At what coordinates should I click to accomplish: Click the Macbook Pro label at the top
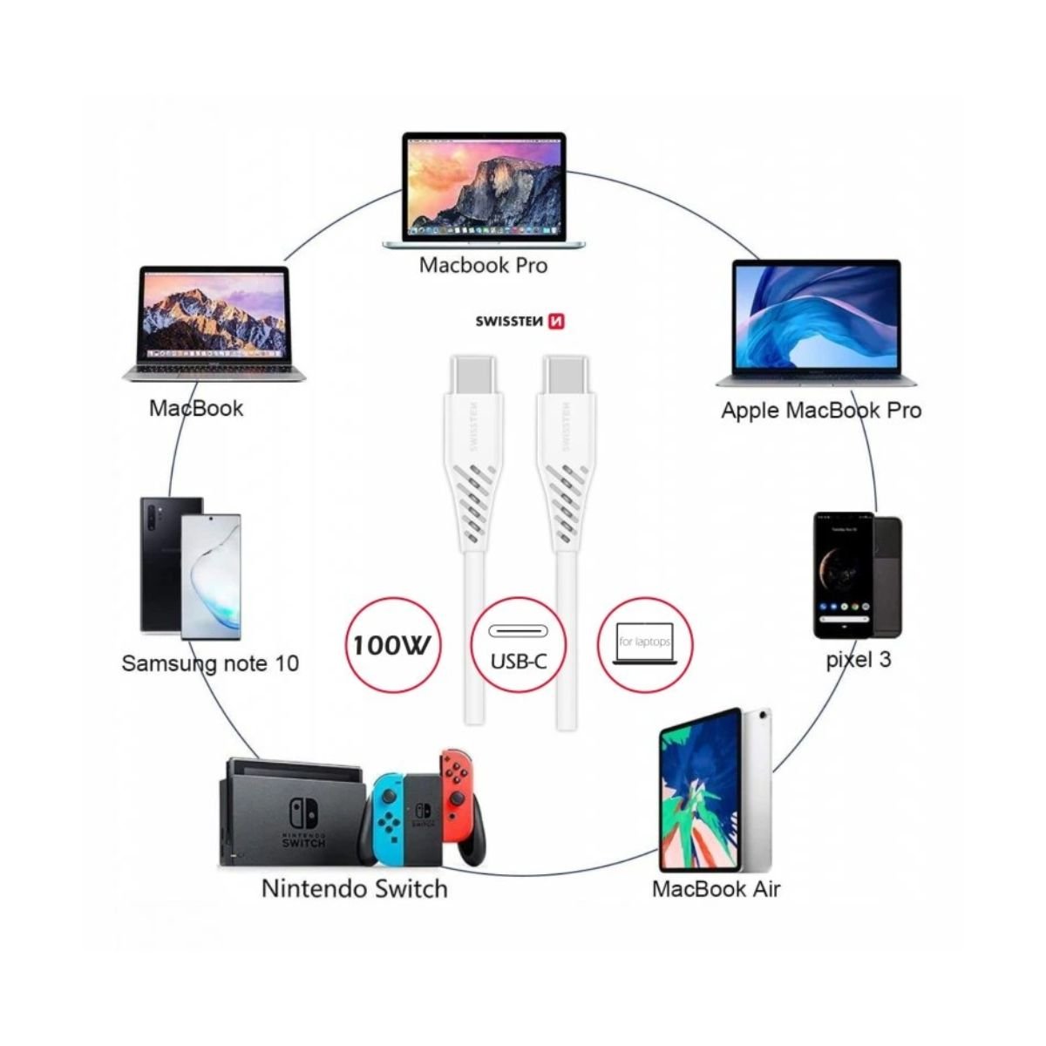[483, 264]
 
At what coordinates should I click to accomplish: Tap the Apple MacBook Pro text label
[820, 410]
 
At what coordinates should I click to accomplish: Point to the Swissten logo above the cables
[520, 321]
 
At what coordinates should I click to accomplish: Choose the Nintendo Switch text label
[354, 889]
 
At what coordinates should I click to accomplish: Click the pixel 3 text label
[858, 659]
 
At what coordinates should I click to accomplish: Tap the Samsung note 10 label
[210, 663]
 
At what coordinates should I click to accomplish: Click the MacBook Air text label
[716, 889]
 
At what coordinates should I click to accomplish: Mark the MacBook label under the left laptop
[196, 408]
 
